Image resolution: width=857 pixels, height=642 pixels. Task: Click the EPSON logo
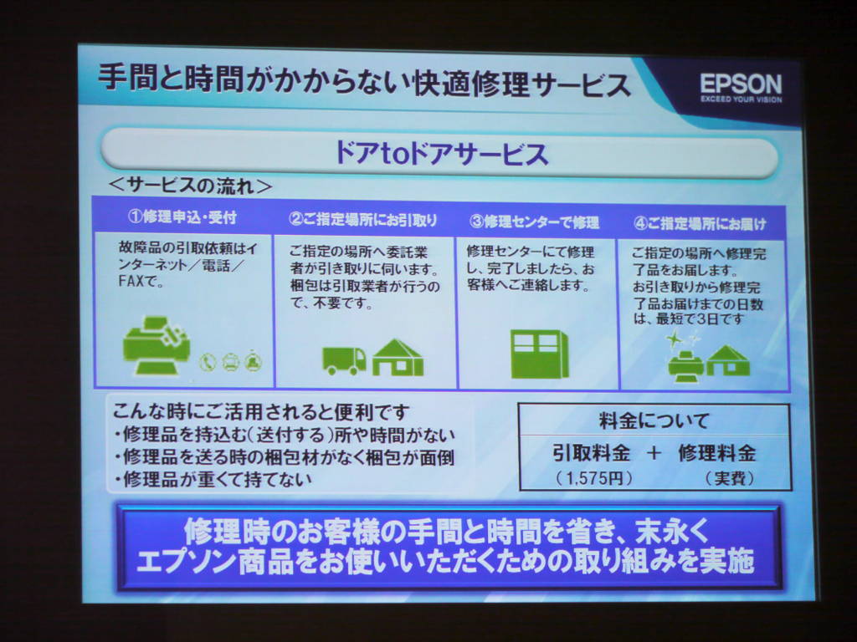coord(742,84)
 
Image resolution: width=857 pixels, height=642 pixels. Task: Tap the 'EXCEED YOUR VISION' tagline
coord(742,99)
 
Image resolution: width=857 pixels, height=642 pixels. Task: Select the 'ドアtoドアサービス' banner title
coord(440,153)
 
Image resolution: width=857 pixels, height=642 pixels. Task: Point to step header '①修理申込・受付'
coord(182,217)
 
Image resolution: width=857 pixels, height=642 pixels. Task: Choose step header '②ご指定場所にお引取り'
coord(363,220)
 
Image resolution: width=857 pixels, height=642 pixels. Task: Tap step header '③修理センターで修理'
coord(534,222)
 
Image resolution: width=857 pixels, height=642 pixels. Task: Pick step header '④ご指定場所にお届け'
coord(700,224)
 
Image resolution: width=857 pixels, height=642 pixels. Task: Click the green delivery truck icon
coord(344,361)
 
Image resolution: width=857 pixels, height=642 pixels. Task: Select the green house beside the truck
coord(398,358)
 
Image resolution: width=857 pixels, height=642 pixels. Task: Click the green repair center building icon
coord(540,354)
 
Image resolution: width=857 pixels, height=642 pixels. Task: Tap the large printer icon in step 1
coord(157,345)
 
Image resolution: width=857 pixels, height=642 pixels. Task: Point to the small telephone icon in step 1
coord(208,362)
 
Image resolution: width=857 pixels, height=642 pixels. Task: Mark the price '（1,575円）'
coord(593,479)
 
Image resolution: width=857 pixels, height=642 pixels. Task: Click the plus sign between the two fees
coord(654,453)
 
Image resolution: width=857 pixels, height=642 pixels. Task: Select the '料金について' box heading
coord(654,421)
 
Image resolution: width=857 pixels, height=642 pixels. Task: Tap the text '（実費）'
coord(730,479)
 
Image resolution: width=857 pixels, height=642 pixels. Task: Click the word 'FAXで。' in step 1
coord(141,282)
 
